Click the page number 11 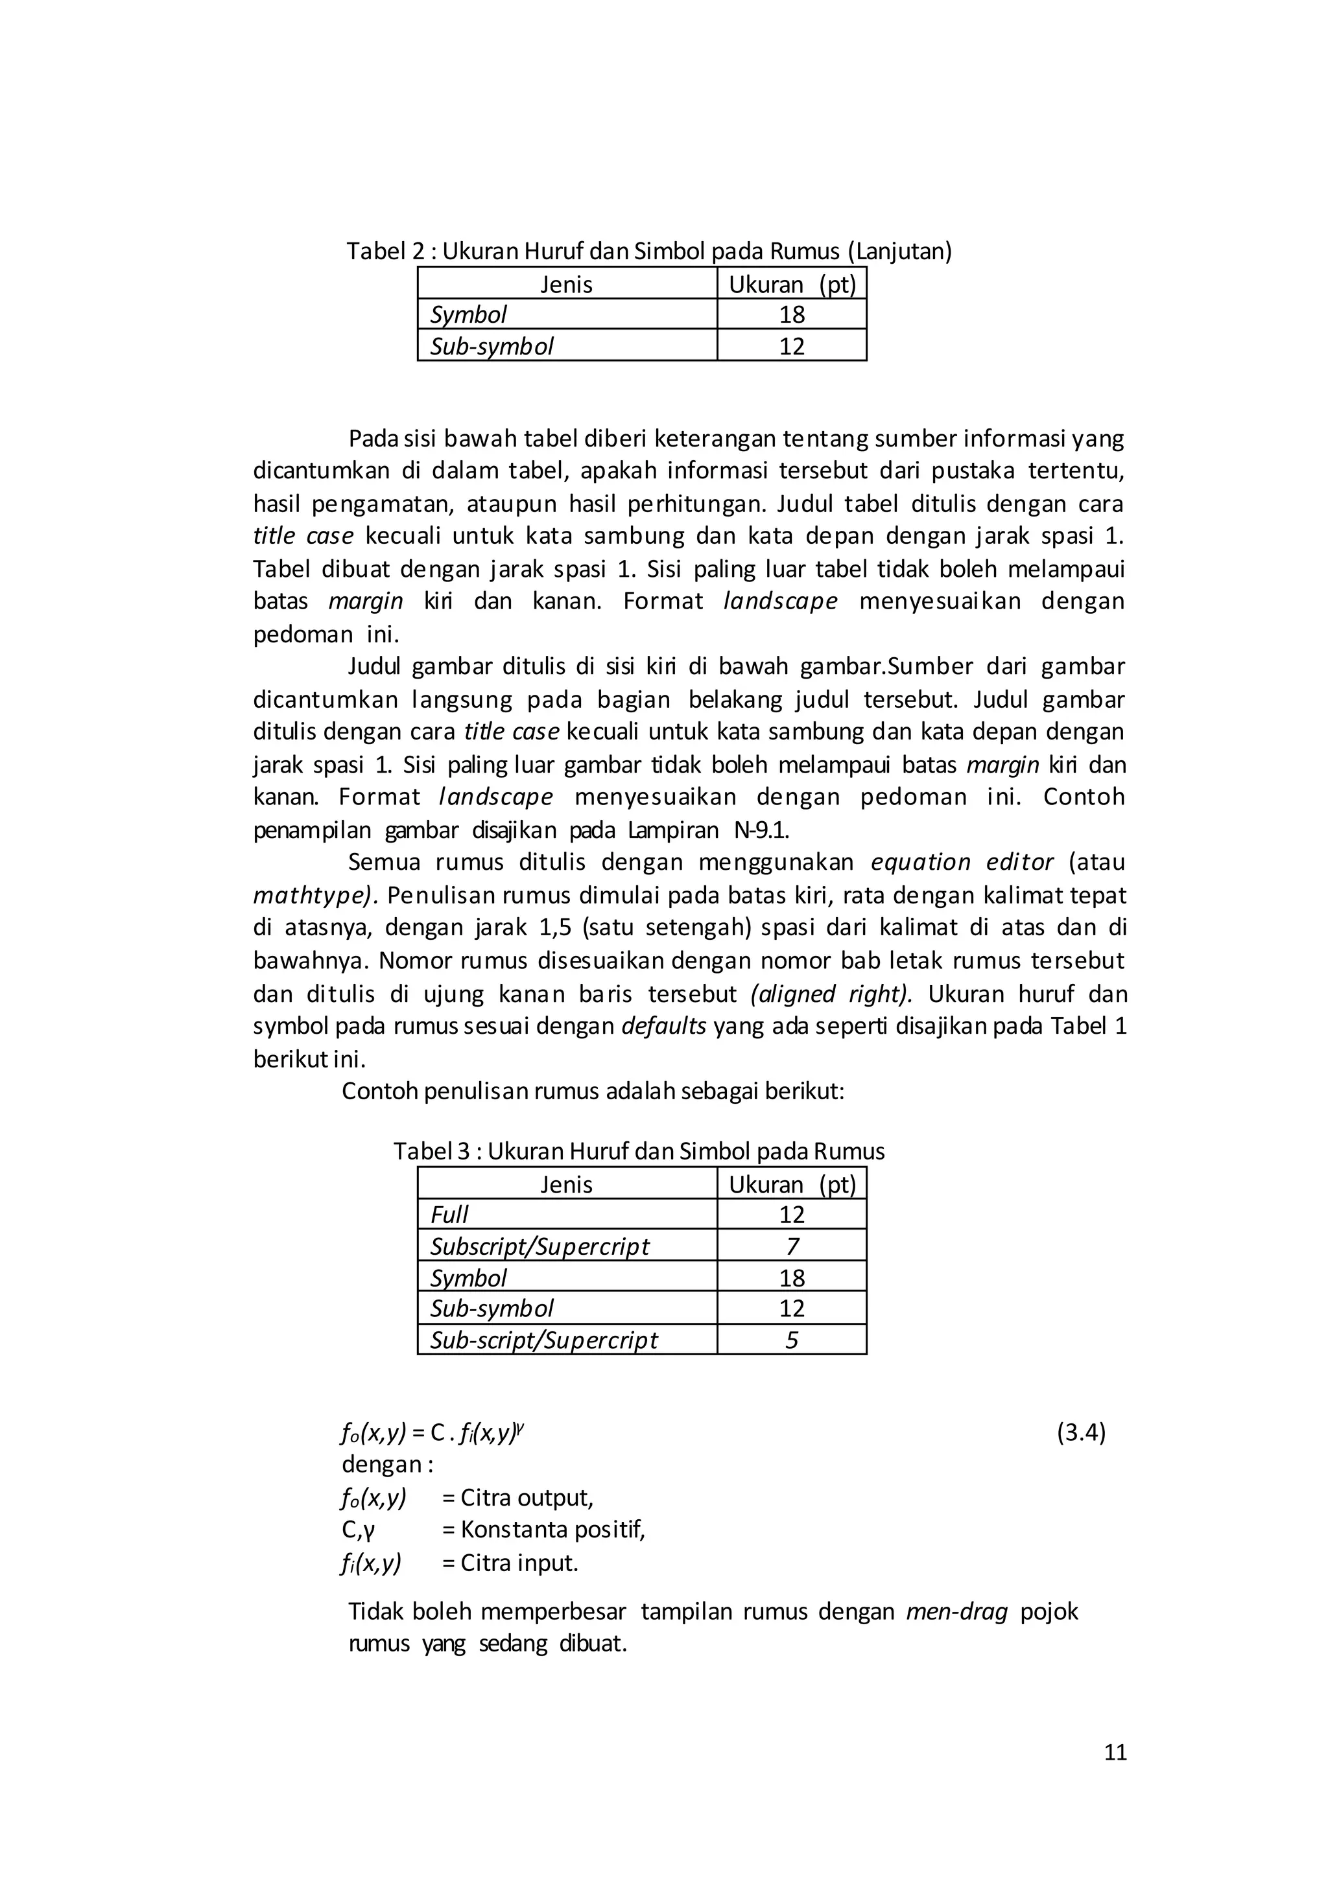point(1115,1752)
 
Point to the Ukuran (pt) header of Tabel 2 point(792,285)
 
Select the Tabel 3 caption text point(639,1152)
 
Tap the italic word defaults point(664,1026)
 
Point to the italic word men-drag point(956,1611)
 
